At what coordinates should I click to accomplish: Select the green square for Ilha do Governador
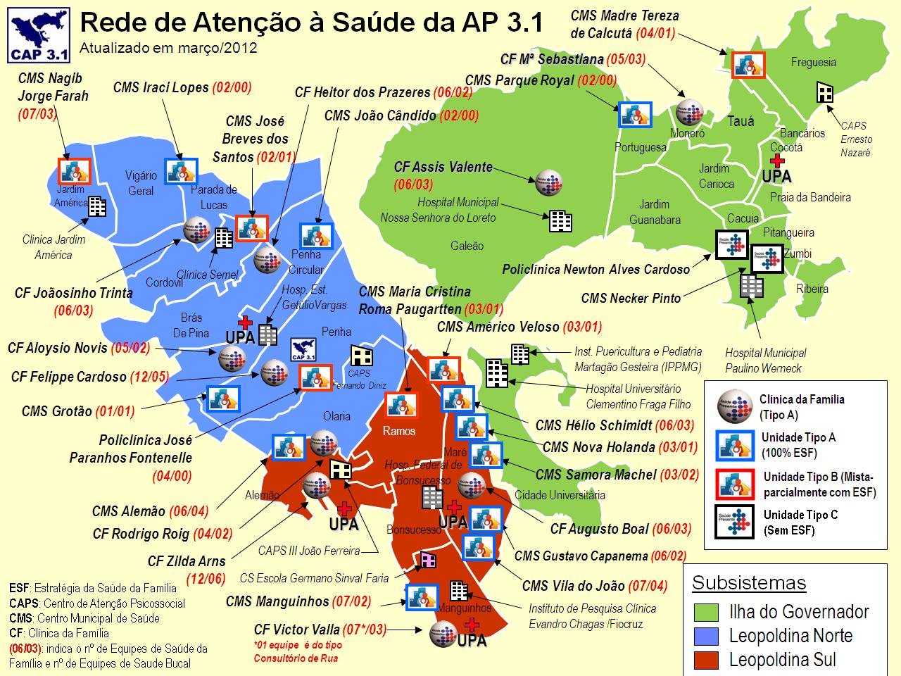(x=706, y=612)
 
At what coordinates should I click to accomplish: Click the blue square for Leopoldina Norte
(x=706, y=636)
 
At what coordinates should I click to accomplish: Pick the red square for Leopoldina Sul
(x=706, y=660)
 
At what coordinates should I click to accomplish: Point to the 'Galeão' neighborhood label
(x=467, y=246)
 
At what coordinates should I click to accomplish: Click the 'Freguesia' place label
(x=813, y=62)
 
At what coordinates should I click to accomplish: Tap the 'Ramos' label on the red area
(x=399, y=431)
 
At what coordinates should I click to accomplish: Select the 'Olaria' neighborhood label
(x=336, y=416)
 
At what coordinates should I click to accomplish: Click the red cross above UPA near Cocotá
(x=777, y=161)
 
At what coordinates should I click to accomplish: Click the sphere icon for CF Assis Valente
(x=548, y=182)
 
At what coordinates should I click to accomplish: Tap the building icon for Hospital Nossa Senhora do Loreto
(x=560, y=221)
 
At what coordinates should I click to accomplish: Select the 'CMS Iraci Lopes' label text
(x=160, y=87)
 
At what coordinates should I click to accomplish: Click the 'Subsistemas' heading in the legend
(x=749, y=583)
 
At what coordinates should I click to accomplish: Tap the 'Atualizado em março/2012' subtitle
(x=168, y=49)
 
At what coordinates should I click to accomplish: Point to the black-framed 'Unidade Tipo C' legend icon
(x=734, y=522)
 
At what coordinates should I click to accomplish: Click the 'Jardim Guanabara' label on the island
(x=655, y=212)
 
